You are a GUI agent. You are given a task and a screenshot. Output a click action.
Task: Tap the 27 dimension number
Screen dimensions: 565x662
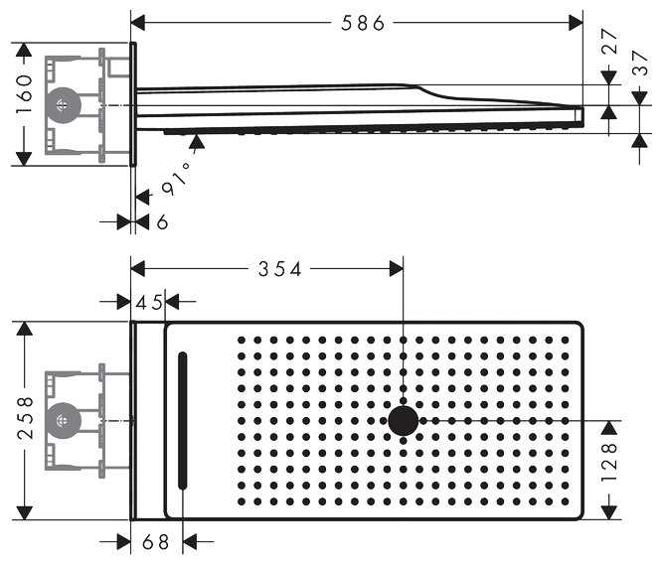[610, 41]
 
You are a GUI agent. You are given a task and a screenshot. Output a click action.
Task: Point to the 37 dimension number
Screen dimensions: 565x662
[641, 64]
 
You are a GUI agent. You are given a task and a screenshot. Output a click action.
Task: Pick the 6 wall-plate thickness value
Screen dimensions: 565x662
[162, 222]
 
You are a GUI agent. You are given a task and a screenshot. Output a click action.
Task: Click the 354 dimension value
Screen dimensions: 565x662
[279, 269]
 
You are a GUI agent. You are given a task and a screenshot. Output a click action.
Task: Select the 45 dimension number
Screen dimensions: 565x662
[150, 301]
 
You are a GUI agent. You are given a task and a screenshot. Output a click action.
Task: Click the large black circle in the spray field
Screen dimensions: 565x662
[403, 420]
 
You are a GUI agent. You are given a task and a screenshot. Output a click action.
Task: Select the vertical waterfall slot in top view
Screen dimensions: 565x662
[182, 420]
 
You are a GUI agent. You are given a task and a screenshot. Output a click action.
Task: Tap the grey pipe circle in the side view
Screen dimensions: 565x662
[63, 105]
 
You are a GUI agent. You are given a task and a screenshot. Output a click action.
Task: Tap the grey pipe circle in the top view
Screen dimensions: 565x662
[63, 420]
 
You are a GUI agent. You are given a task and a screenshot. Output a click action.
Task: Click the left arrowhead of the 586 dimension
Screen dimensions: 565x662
[138, 22]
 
